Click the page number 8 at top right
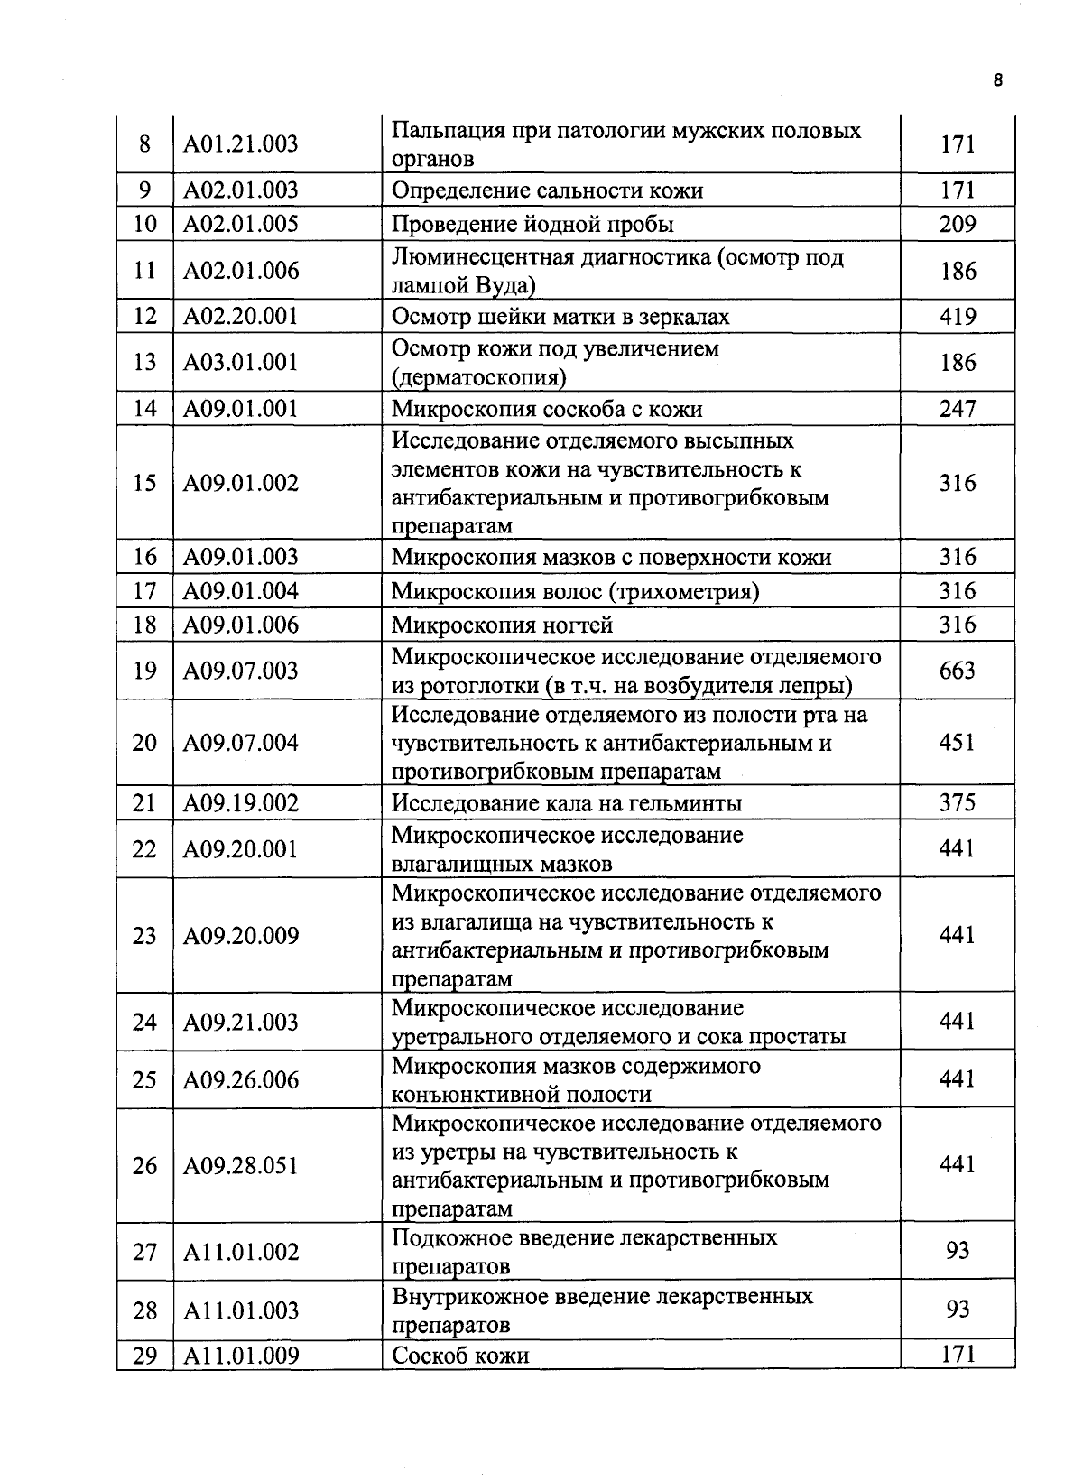point(997,79)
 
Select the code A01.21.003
point(240,144)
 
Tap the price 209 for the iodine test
point(957,224)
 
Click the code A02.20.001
point(240,317)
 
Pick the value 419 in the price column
point(957,317)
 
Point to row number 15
point(144,483)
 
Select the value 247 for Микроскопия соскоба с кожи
point(957,409)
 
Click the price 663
point(957,671)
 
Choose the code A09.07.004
point(240,743)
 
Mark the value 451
point(957,743)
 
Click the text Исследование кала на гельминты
point(567,803)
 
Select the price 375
point(957,802)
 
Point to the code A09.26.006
point(240,1080)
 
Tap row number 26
point(144,1166)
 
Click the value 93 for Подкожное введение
point(957,1251)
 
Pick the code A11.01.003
point(240,1310)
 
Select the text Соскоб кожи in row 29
point(460,1356)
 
